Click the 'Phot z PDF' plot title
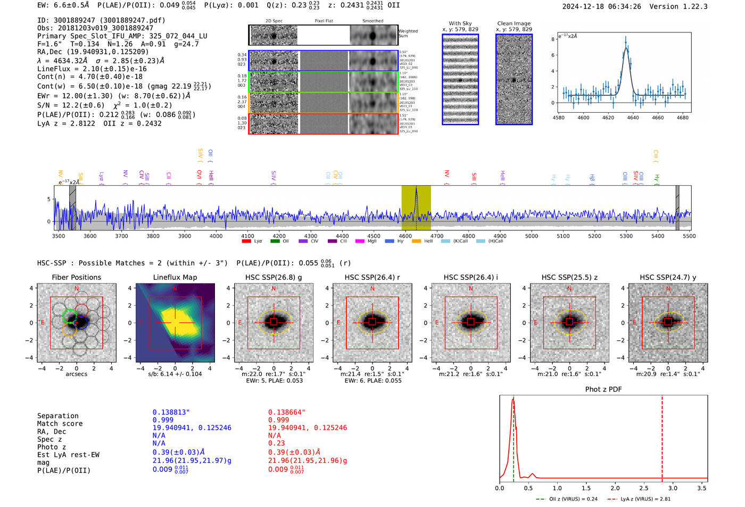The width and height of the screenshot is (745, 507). [603, 389]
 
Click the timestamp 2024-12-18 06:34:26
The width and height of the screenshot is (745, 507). [601, 7]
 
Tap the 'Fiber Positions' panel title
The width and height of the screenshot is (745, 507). [76, 277]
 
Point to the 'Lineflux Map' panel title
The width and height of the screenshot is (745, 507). [175, 277]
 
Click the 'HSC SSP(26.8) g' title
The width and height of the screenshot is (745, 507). [274, 277]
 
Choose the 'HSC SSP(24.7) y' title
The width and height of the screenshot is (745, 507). [668, 277]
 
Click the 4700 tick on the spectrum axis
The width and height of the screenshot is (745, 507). [437, 236]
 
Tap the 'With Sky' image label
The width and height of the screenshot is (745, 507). [460, 23]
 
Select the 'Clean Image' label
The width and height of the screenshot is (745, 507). [514, 23]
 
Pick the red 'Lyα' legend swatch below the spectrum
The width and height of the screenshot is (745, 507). [246, 242]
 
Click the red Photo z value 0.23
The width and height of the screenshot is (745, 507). [276, 443]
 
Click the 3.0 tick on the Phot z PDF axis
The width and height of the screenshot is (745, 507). [673, 488]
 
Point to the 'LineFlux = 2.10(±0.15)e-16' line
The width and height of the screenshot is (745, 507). [92, 69]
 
